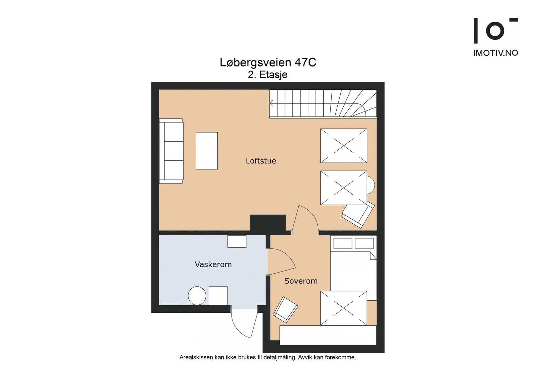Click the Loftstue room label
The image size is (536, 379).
click(261, 161)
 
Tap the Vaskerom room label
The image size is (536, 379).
click(213, 264)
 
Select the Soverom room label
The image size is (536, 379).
click(301, 281)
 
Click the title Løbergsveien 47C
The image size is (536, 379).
click(268, 63)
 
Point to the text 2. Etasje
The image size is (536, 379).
click(268, 75)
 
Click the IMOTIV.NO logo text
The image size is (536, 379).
click(496, 53)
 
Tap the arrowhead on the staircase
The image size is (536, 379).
click(272, 104)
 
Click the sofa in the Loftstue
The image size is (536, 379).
click(171, 151)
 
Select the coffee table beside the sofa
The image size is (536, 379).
click(207, 151)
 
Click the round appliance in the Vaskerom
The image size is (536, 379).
click(197, 296)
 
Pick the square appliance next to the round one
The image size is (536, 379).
click(218, 296)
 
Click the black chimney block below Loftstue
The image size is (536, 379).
click(268, 223)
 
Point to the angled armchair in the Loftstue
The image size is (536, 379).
click(358, 214)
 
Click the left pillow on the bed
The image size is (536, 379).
click(343, 243)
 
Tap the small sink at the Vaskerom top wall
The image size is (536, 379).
click(237, 241)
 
